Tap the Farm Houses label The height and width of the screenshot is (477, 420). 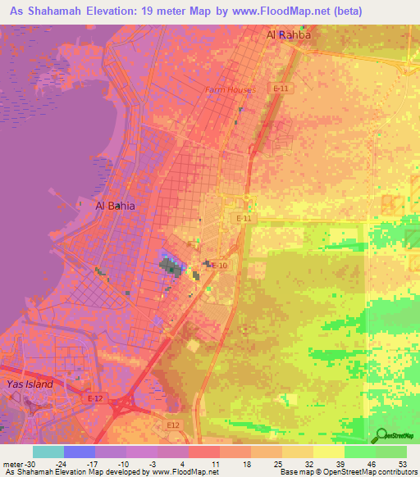click(230, 89)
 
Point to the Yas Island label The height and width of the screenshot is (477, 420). click(30, 384)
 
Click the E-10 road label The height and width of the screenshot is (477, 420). click(219, 266)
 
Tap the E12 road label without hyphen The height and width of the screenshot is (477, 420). click(171, 425)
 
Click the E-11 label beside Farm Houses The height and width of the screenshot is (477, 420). click(281, 88)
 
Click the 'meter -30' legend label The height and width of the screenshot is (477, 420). click(17, 463)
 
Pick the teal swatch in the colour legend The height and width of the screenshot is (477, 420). click(48, 451)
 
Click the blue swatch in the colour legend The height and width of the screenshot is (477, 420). click(80, 451)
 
